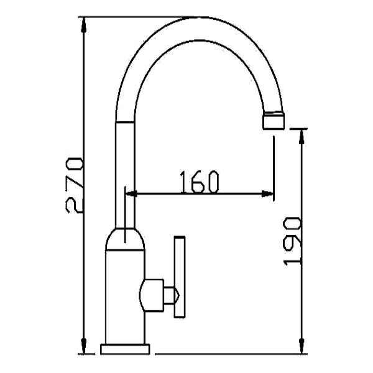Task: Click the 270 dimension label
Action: [x=74, y=185]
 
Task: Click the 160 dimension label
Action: [x=199, y=181]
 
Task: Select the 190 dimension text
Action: [x=292, y=241]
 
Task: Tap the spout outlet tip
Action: [x=274, y=121]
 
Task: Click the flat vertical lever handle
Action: [x=180, y=277]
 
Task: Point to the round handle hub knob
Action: [x=152, y=295]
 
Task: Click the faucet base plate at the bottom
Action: [x=125, y=348]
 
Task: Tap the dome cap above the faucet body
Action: [x=125, y=240]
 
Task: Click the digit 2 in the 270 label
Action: [x=74, y=203]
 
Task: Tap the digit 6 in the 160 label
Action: [x=199, y=181]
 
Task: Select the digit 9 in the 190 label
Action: [x=292, y=241]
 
